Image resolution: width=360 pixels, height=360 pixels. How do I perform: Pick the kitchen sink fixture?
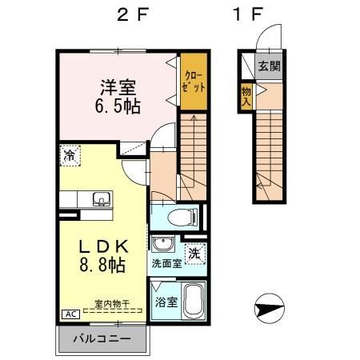click(x=102, y=199)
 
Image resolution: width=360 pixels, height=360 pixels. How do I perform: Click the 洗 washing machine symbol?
click(x=194, y=254)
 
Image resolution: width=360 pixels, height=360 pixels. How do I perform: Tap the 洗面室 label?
click(x=166, y=263)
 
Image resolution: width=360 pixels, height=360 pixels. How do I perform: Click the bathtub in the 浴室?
click(x=194, y=301)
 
